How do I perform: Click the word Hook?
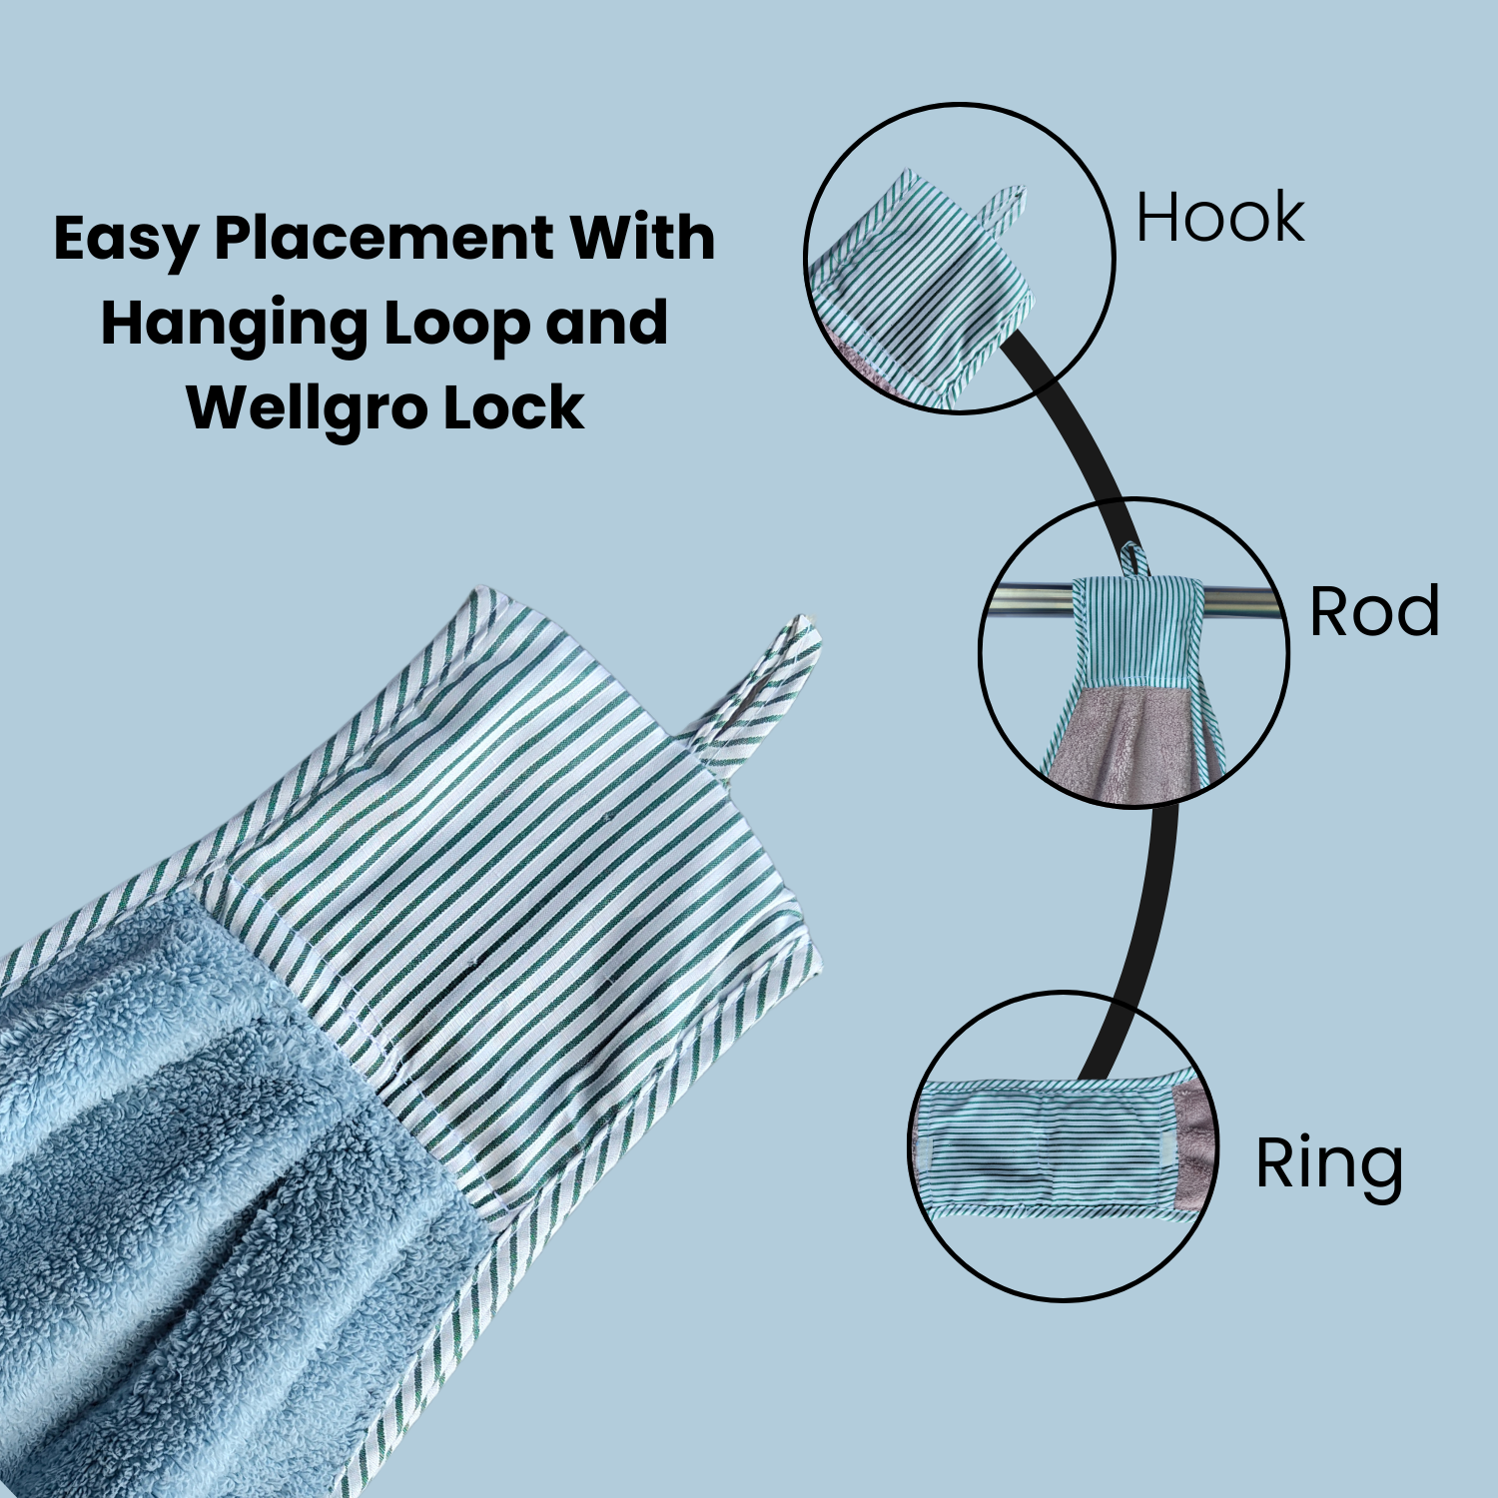pyautogui.click(x=1220, y=218)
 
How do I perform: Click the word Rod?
pyautogui.click(x=1374, y=611)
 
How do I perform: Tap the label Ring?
pyautogui.click(x=1329, y=1164)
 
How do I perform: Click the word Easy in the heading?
pyautogui.click(x=126, y=240)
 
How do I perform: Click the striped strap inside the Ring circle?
pyautogui.click(x=1049, y=1148)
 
